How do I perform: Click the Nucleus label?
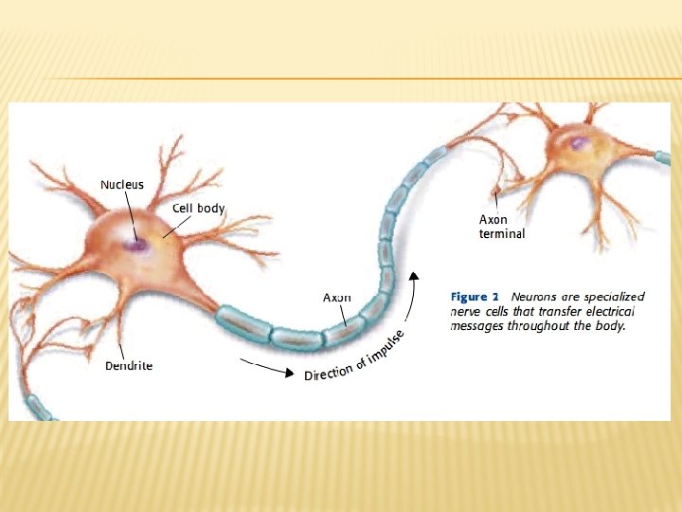[x=122, y=185]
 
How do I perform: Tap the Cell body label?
[x=198, y=208]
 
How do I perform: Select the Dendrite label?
[x=128, y=365]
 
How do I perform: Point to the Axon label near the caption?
[x=337, y=297]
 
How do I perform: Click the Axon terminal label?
[x=501, y=227]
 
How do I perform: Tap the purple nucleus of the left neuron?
[x=137, y=245]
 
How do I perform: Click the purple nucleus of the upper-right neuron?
[x=580, y=143]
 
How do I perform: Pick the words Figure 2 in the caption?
[x=475, y=297]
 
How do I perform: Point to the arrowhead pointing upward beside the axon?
[x=412, y=276]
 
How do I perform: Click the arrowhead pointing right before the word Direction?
[x=288, y=373]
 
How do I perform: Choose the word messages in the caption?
[x=476, y=326]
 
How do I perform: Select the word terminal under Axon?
[x=502, y=233]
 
